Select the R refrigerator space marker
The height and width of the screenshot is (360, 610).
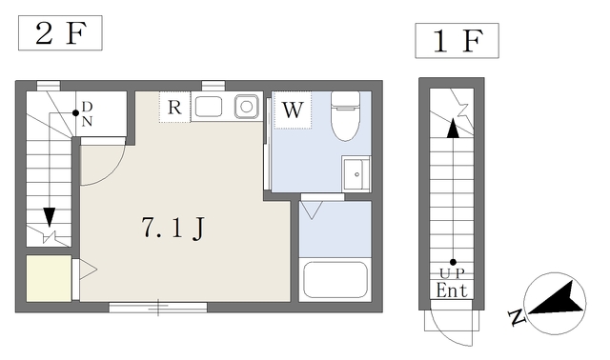[174, 107]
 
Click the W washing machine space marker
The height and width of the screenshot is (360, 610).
[292, 110]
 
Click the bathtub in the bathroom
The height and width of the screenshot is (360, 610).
[335, 280]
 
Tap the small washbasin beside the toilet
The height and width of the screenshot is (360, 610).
[356, 174]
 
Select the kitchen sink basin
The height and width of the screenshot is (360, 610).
[209, 105]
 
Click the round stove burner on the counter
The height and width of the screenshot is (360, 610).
[247, 106]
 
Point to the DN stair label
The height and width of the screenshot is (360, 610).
[86, 113]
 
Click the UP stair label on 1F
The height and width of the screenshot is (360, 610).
[452, 272]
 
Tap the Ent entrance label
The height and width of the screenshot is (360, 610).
[452, 290]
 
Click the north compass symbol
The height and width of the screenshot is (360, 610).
[553, 303]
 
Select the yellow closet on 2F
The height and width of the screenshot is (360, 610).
[48, 279]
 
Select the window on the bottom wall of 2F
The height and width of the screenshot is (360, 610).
[157, 307]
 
